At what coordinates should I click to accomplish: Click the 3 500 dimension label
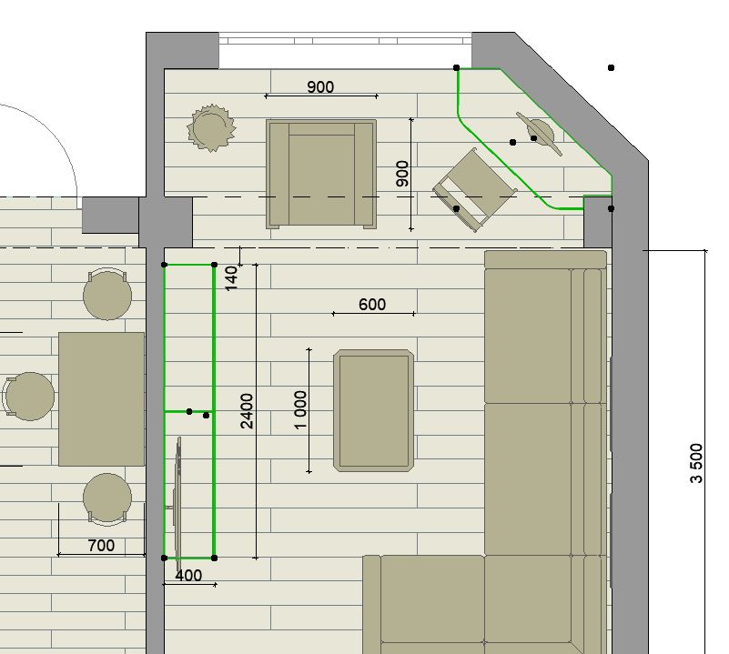click(696, 463)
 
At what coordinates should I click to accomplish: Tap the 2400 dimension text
click(247, 411)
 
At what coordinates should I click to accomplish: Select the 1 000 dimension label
click(301, 410)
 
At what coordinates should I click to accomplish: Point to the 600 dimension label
click(372, 305)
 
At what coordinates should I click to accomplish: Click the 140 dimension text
click(231, 278)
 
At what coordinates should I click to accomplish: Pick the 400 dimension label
click(188, 576)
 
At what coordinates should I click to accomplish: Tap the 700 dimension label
click(101, 545)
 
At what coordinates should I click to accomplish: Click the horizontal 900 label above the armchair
click(320, 87)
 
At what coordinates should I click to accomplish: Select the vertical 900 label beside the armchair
click(402, 174)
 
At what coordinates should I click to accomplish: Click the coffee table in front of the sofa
click(373, 411)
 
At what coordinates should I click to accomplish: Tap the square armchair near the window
click(321, 174)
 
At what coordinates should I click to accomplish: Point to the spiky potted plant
click(211, 128)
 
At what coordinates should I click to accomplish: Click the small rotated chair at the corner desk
click(475, 190)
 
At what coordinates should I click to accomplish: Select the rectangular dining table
click(101, 398)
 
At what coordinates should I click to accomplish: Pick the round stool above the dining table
click(107, 294)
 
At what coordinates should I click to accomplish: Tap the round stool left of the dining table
click(29, 397)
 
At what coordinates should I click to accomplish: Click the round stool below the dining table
click(107, 498)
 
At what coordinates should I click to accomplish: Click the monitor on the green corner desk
click(540, 134)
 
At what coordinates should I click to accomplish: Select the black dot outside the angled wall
click(611, 68)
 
